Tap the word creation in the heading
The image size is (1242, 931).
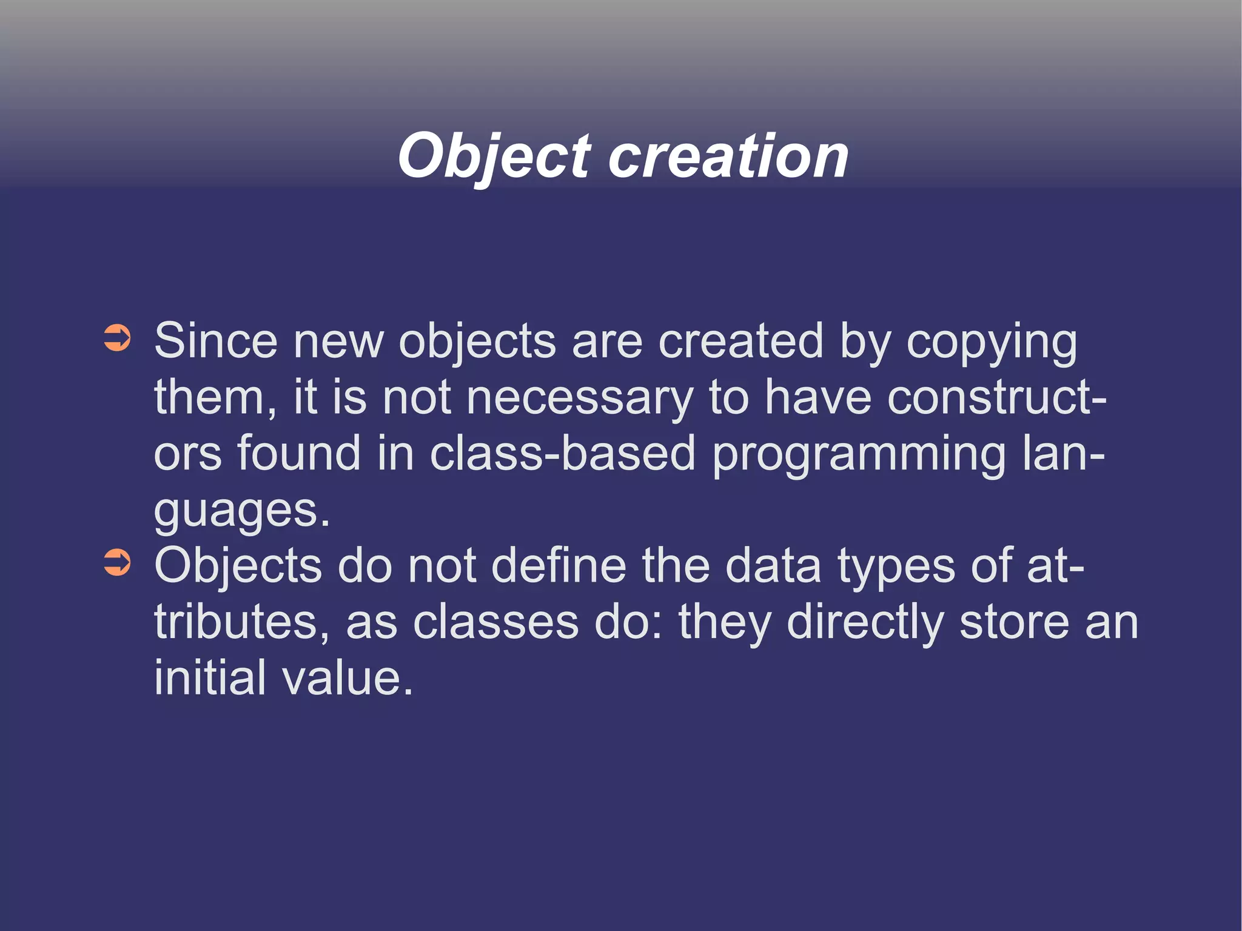728,156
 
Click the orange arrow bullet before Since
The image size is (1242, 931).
117,338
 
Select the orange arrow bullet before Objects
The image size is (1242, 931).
117,562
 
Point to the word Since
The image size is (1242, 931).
215,341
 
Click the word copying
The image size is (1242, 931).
992,343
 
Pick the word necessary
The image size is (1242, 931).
579,398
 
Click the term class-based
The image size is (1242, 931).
562,453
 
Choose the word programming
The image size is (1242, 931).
859,455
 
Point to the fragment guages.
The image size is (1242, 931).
242,511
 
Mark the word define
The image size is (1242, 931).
559,565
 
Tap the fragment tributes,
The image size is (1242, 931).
242,622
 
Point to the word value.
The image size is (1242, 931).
347,677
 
